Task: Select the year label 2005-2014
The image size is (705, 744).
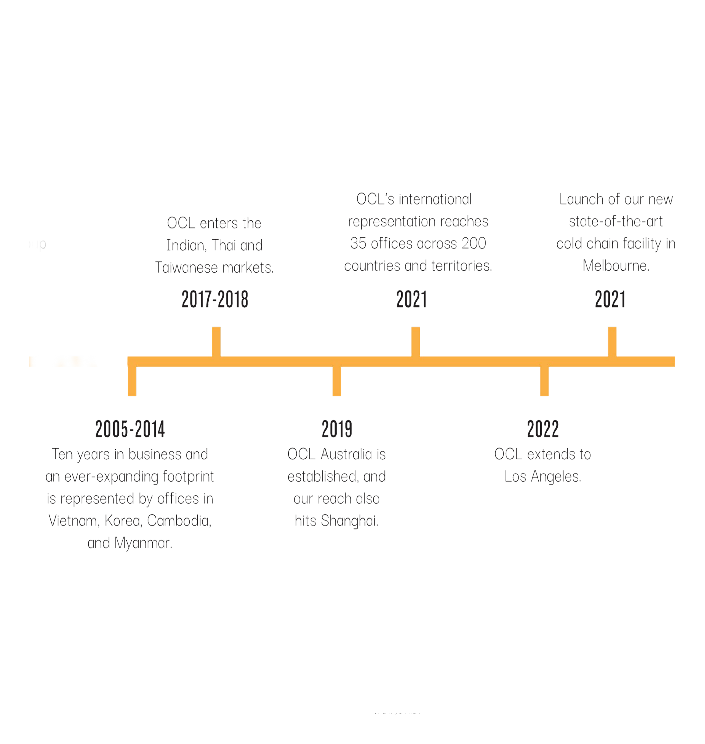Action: point(130,429)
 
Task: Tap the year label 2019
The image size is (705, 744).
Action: point(337,429)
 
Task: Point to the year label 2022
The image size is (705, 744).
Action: point(543,429)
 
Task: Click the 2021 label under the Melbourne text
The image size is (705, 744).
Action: point(610,300)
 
